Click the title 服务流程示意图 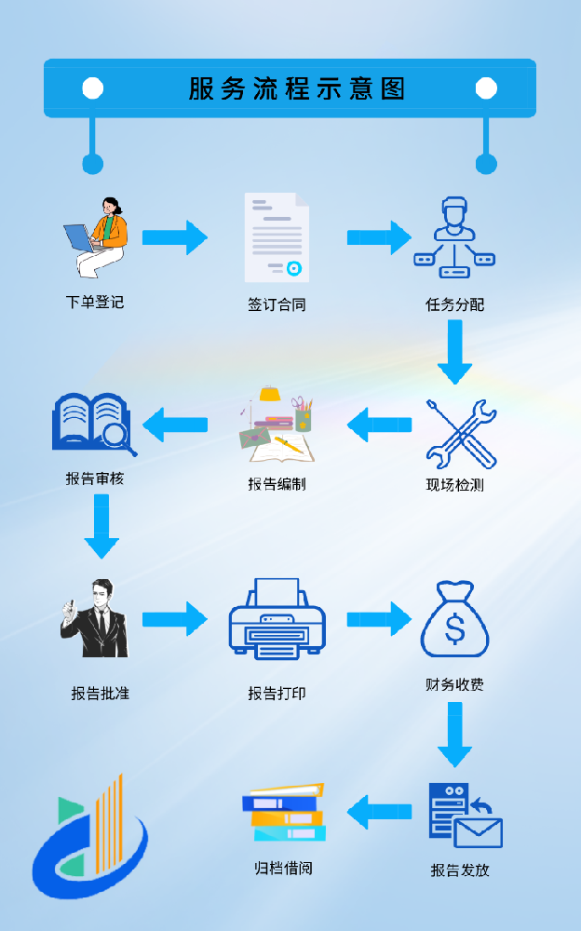coord(297,88)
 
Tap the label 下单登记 coord(95,302)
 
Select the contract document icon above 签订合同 coord(277,237)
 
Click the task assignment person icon coord(454,237)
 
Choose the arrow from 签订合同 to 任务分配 coord(379,237)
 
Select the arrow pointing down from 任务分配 coord(454,352)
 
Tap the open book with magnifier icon coord(94,424)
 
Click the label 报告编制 coord(277,483)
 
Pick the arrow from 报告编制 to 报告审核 coord(175,425)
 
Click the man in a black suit coord(93,619)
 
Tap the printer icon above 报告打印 coord(277,619)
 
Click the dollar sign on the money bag coord(454,630)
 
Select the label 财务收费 coord(454,684)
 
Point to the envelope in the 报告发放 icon coord(479,832)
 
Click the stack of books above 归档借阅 coord(284,812)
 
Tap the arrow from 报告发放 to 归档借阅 coord(379,812)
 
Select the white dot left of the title coord(92,88)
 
